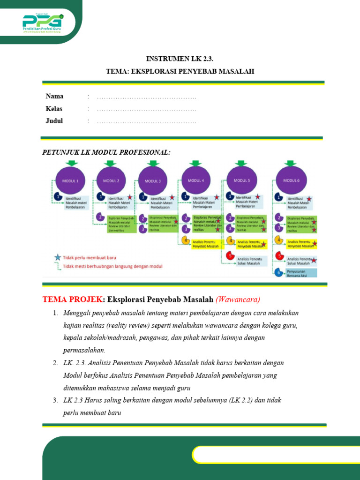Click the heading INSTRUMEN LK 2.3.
coord(180,59)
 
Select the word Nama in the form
coord(54,97)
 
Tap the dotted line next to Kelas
coord(146,109)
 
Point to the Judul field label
coord(54,121)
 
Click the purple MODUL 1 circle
coord(70,180)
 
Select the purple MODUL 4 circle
coord(196,180)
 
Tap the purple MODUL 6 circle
coord(291,180)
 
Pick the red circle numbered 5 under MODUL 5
coord(230,256)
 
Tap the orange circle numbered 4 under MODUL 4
coord(185,241)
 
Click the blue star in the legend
coord(58,257)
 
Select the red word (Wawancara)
coord(238,299)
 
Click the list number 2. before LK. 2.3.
coord(55,363)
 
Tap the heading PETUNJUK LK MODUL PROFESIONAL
coord(106,153)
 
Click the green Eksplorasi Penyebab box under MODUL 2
coord(121,224)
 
